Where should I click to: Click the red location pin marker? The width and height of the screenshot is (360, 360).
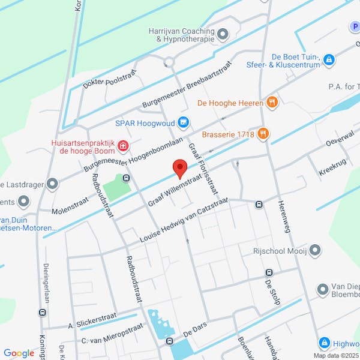pyautogui.click(x=179, y=168)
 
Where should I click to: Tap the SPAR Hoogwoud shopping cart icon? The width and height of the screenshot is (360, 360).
pyautogui.click(x=184, y=124)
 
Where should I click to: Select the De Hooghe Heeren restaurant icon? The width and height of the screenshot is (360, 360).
pyautogui.click(x=272, y=103)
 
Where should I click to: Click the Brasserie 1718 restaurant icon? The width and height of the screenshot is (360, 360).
pyautogui.click(x=262, y=134)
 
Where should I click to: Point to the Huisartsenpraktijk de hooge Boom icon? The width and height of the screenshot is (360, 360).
pyautogui.click(x=123, y=145)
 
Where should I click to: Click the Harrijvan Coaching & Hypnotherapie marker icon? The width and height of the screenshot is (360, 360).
pyautogui.click(x=223, y=34)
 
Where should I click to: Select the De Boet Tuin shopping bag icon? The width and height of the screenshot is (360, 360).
pyautogui.click(x=329, y=59)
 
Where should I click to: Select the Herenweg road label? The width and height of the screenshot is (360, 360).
pyautogui.click(x=283, y=215)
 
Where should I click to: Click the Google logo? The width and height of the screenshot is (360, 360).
pyautogui.click(x=19, y=353)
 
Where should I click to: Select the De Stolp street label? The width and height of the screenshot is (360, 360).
pyautogui.click(x=272, y=292)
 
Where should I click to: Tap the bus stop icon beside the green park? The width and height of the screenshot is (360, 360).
pyautogui.click(x=126, y=178)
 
